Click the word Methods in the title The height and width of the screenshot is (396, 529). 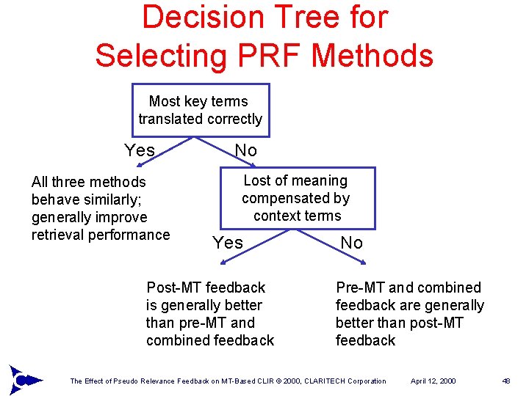[377, 55]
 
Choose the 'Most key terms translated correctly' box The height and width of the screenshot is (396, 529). [200, 110]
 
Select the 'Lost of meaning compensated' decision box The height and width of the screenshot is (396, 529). [296, 198]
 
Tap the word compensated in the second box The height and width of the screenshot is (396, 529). [296, 198]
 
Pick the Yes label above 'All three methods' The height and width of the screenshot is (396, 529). [140, 150]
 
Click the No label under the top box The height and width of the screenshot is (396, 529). [245, 150]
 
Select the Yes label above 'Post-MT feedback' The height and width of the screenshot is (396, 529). [227, 243]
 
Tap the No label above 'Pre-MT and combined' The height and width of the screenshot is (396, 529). [351, 243]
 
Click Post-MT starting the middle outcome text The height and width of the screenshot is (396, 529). [173, 287]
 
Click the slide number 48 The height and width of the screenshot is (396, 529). [506, 381]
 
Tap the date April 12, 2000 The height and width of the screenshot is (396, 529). [433, 381]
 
